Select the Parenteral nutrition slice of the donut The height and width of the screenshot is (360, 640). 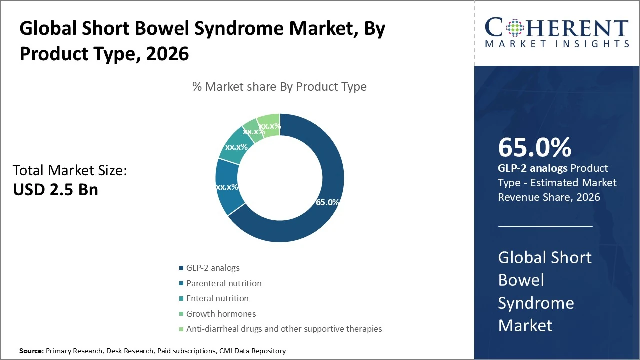click(x=227, y=187)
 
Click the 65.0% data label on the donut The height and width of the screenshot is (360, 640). click(x=327, y=202)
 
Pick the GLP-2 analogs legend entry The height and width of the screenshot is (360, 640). click(x=213, y=268)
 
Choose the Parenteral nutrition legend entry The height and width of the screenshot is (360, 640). click(x=224, y=283)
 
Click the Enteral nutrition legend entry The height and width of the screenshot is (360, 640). click(x=217, y=298)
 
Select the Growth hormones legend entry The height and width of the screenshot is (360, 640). click(x=221, y=314)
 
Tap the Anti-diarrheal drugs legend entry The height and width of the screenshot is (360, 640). click(x=284, y=329)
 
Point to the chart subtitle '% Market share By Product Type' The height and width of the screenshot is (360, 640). click(x=279, y=87)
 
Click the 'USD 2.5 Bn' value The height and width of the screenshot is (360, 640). click(x=55, y=189)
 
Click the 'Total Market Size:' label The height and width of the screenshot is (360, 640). click(x=70, y=171)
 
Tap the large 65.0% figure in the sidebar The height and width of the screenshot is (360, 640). click(x=534, y=147)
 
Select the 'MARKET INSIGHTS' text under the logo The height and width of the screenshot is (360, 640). click(x=557, y=44)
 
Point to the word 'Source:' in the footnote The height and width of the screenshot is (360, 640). click(x=31, y=351)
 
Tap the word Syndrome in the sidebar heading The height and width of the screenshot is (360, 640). click(x=536, y=303)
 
